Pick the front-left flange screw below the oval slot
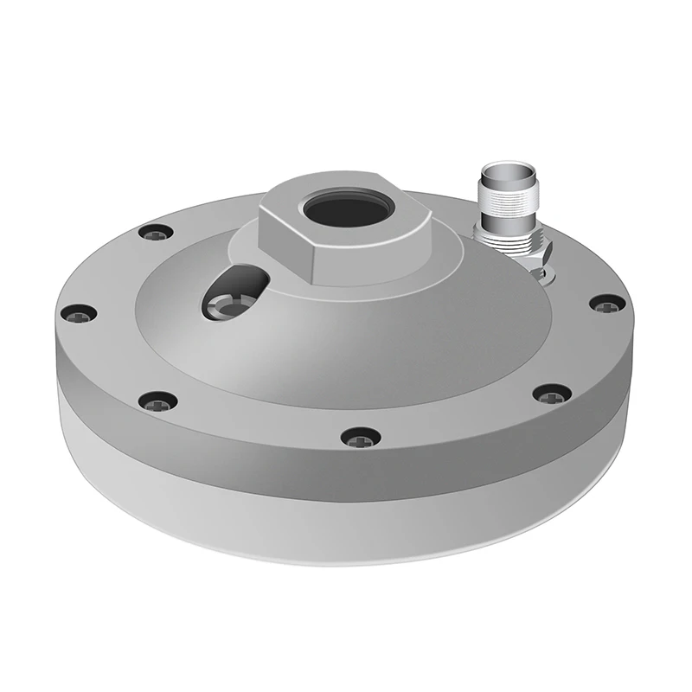pos(158,400)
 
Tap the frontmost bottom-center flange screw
pos(360,437)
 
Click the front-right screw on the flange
pos(552,394)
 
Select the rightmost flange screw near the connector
pos(607,303)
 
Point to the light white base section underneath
pos(346,528)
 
